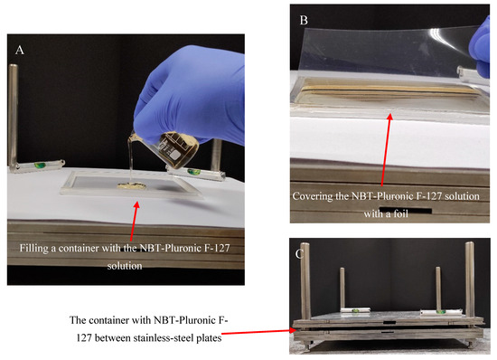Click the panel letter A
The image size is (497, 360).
point(19,50)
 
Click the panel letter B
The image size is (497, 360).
point(304,20)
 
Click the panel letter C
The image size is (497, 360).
point(299,254)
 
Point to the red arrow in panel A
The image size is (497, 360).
point(135,221)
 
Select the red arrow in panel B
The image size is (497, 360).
point(386,149)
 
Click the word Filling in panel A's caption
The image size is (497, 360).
point(34,248)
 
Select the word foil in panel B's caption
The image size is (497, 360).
point(400,213)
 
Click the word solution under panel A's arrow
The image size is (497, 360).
point(125,266)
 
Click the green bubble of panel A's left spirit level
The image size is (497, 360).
point(40,165)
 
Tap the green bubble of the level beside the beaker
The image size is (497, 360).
point(193,172)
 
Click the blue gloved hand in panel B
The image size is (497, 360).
point(480,44)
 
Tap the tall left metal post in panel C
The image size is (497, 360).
point(305,281)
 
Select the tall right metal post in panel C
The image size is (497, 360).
point(470,279)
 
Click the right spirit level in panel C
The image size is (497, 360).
point(441,312)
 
